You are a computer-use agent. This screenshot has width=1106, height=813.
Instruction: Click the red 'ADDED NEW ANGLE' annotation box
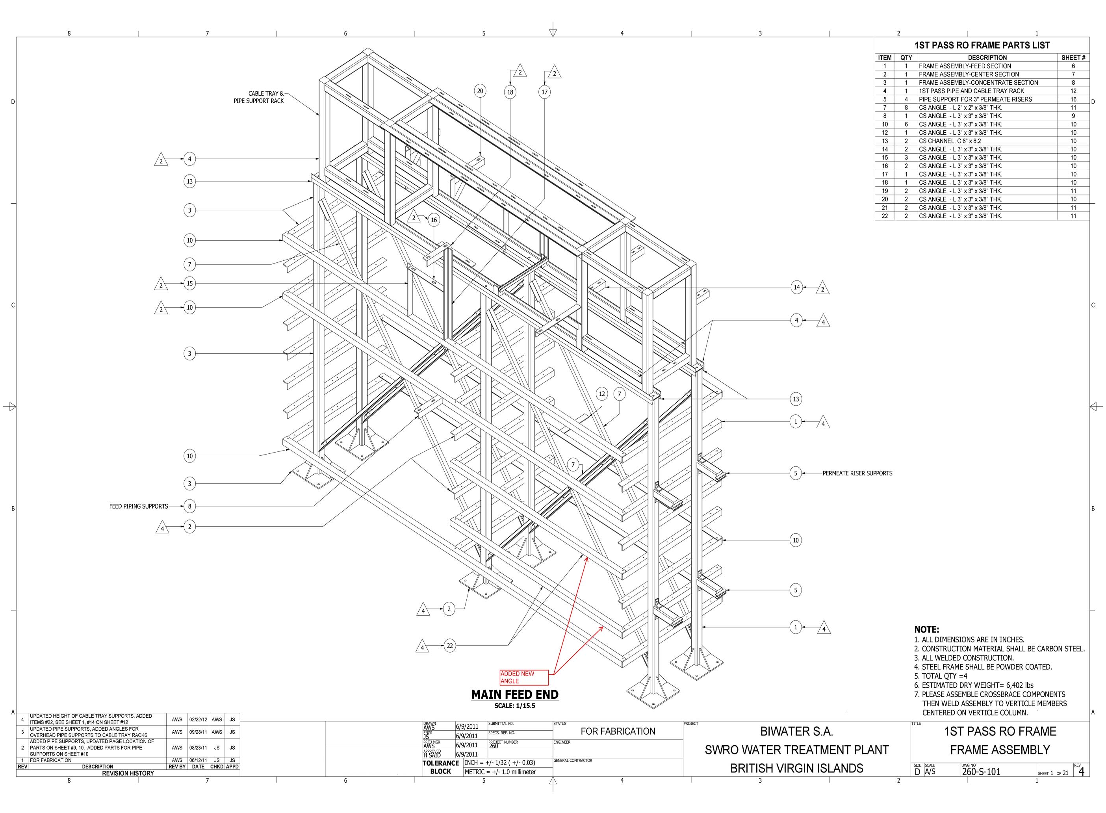pyautogui.click(x=523, y=677)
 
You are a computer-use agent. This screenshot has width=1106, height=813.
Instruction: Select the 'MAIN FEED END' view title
pyautogui.click(x=515, y=694)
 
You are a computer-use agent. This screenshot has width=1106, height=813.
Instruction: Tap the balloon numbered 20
pyautogui.click(x=480, y=91)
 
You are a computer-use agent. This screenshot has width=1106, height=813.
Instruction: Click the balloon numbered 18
pyautogui.click(x=510, y=92)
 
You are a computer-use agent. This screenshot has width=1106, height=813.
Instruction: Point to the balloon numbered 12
pyautogui.click(x=602, y=394)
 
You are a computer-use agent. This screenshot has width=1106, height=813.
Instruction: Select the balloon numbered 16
pyautogui.click(x=434, y=220)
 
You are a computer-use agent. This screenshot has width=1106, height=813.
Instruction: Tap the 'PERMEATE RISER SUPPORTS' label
pyautogui.click(x=857, y=473)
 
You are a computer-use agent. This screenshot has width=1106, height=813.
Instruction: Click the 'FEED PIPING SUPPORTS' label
pyautogui.click(x=138, y=506)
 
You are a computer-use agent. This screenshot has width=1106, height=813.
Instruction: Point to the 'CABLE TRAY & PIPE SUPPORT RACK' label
pyautogui.click(x=259, y=97)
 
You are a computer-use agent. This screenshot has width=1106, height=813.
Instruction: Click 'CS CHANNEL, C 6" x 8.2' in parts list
pyautogui.click(x=950, y=141)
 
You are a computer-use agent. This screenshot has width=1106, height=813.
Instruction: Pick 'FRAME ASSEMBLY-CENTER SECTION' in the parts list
pyautogui.click(x=969, y=74)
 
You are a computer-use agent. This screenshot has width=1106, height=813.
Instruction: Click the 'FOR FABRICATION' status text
pyautogui.click(x=618, y=731)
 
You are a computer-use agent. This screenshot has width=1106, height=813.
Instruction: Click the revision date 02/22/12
pyautogui.click(x=198, y=720)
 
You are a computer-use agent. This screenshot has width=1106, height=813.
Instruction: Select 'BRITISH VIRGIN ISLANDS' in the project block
pyautogui.click(x=796, y=768)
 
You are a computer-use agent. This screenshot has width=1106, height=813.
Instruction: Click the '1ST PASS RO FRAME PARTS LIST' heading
pyautogui.click(x=982, y=45)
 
